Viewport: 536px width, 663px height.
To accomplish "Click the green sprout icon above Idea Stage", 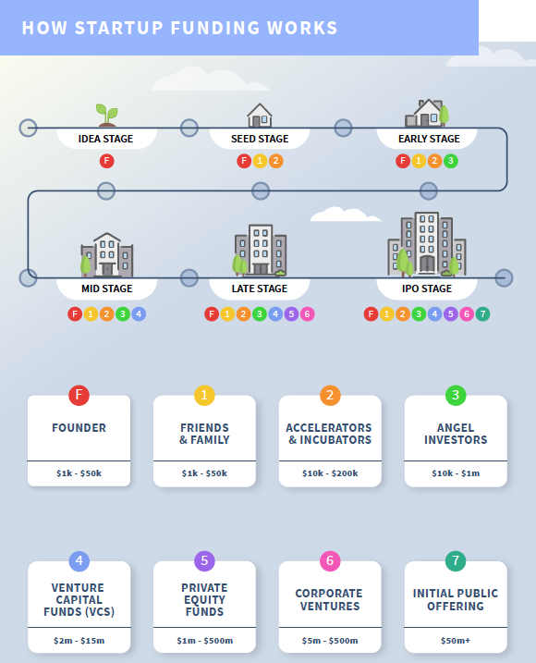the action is (106, 115).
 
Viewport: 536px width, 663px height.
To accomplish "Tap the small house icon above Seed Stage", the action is (260, 115).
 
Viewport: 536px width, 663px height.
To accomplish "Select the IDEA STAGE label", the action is (105, 139).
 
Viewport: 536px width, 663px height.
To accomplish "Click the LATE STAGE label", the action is (260, 289).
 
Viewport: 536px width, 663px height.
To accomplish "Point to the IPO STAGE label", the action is (427, 289).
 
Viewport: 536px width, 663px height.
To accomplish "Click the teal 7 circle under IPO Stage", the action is (482, 314).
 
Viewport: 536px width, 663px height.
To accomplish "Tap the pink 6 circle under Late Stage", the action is (308, 314).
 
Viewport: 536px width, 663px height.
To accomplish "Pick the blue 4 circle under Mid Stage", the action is (139, 314).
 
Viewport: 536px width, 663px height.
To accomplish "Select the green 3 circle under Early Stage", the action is (451, 161).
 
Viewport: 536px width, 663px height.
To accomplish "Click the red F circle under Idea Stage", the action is (106, 161).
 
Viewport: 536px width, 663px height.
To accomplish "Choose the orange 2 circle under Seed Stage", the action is (275, 161).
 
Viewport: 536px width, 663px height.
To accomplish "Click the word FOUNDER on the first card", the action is (79, 428).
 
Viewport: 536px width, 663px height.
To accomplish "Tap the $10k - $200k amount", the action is (330, 473).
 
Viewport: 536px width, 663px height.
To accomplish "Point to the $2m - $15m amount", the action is (79, 641).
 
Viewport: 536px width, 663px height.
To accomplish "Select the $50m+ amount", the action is (456, 641).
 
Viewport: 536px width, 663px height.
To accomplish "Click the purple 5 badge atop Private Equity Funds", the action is (204, 560).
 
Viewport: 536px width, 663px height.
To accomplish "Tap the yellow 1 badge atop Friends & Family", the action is (204, 396).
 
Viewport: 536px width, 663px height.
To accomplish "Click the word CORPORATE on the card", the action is (329, 594).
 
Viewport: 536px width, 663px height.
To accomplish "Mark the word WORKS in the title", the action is (302, 28).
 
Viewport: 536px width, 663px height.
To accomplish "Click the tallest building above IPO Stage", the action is (427, 243).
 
